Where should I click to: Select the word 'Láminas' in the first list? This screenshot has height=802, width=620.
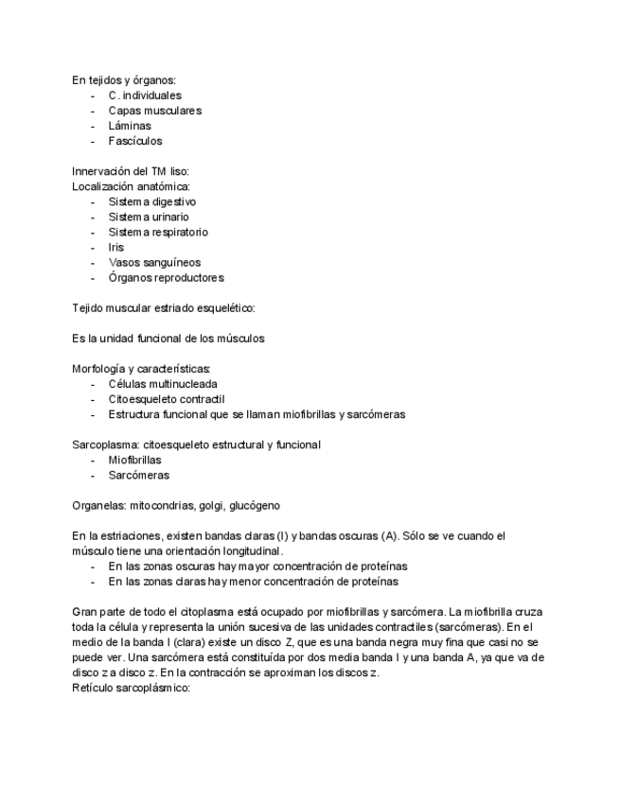130,126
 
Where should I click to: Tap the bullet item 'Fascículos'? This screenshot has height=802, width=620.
135,141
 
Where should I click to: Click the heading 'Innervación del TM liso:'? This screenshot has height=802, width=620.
131,171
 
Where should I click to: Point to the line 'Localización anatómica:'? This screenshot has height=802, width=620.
131,186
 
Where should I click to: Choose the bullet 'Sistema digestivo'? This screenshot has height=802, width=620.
152,201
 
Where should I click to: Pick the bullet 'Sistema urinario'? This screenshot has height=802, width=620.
149,217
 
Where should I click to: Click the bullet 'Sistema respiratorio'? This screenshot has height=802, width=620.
158,232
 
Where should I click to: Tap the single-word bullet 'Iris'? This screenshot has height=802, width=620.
116,247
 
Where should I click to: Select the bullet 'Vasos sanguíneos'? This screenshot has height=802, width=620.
154,262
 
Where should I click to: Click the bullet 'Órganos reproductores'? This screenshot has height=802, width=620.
166,278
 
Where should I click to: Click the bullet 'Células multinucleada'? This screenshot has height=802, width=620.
163,384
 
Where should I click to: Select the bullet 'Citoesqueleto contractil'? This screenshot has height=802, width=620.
167,399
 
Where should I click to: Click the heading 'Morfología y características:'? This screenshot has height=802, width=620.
142,369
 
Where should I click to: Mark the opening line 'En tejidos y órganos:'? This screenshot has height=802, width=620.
124,80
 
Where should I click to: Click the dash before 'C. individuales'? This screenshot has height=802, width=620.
93,96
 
